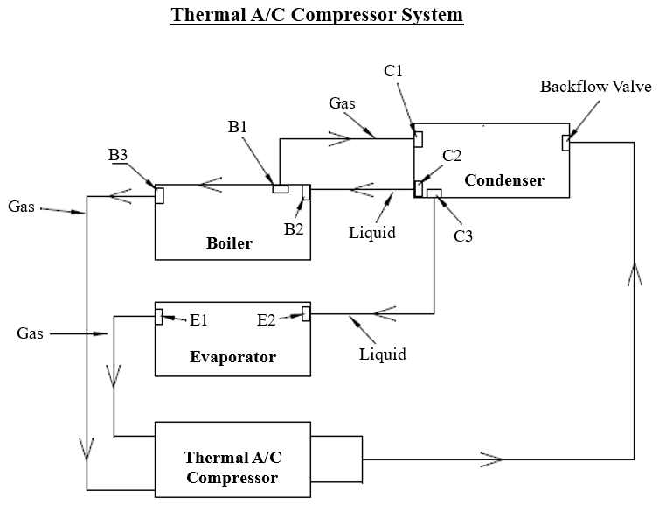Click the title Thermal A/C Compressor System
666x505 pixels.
pyautogui.click(x=316, y=15)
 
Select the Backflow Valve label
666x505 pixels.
pyautogui.click(x=595, y=87)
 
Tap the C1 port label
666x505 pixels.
pyautogui.click(x=393, y=70)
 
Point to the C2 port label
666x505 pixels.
pyautogui.click(x=452, y=156)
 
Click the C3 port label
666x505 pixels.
pyautogui.click(x=463, y=235)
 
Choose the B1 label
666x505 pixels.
pyautogui.click(x=238, y=127)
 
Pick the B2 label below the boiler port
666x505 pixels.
pyautogui.click(x=294, y=229)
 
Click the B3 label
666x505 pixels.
pyautogui.click(x=118, y=155)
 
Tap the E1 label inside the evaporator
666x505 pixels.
pyautogui.click(x=198, y=320)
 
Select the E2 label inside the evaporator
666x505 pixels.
pyautogui.click(x=267, y=320)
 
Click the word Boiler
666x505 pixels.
pyautogui.click(x=229, y=243)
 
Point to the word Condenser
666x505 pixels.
pyautogui.click(x=504, y=180)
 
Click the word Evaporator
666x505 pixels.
pyautogui.click(x=232, y=357)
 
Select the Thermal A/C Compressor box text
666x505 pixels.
pyautogui.click(x=232, y=467)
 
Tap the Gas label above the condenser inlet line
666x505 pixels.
pyautogui.click(x=342, y=103)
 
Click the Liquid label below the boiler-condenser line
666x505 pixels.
pyautogui.click(x=372, y=233)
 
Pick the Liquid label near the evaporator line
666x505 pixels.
pyautogui.click(x=383, y=354)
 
